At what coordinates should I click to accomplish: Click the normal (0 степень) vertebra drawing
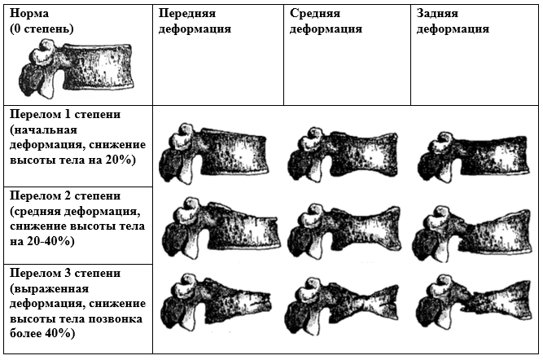point(77,68)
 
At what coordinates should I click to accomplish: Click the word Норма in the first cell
point(29,14)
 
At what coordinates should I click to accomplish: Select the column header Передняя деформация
point(195,21)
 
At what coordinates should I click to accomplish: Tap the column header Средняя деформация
point(326,21)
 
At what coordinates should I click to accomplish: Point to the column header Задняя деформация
point(453,21)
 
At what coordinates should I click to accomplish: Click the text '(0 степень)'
point(42,29)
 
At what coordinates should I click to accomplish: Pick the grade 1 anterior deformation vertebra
point(213,154)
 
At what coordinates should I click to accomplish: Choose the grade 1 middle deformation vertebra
point(343,155)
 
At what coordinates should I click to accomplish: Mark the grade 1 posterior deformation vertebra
point(473,156)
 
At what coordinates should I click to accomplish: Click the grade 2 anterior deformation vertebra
point(221,228)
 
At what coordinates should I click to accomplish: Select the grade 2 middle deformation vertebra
point(344,230)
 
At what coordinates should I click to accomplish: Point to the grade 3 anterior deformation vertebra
point(216,302)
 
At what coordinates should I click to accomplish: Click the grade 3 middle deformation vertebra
point(342,305)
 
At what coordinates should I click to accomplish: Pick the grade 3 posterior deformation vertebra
point(474,305)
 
